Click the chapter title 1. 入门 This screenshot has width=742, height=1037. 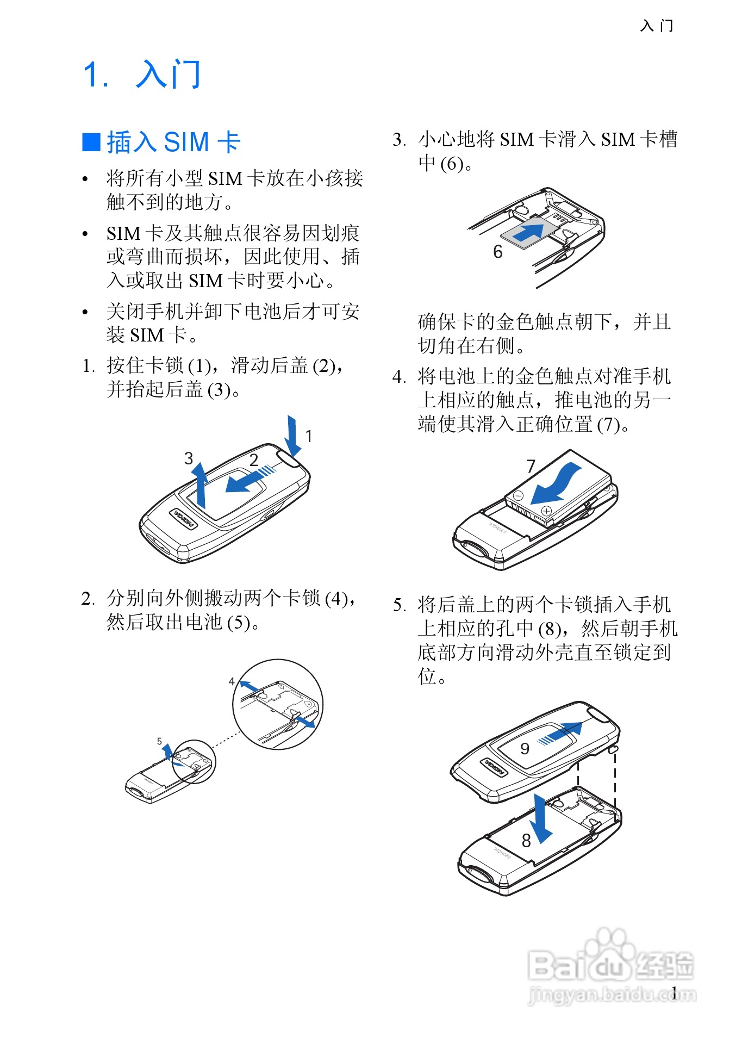tap(142, 74)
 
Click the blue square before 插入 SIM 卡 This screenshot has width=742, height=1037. tap(91, 142)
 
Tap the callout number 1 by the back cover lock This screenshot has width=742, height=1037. tap(308, 436)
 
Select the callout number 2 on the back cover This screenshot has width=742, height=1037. tap(253, 460)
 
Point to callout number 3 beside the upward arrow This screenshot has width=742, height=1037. tap(188, 458)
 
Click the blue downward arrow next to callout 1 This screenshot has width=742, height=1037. tap(292, 435)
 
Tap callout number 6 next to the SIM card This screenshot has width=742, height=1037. tap(497, 252)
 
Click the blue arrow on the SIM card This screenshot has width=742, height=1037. tap(528, 231)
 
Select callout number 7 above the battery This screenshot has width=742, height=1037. tap(531, 466)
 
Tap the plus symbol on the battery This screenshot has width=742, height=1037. tap(546, 511)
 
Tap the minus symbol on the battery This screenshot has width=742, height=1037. tap(518, 496)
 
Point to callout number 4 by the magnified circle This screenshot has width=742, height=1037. tap(232, 681)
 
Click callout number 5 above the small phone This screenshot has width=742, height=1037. tap(159, 741)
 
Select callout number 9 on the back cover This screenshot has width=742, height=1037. tap(525, 749)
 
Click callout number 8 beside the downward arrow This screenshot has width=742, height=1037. tap(526, 841)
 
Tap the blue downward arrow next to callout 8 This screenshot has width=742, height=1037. tap(540, 818)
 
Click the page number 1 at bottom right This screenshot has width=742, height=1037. tap(674, 993)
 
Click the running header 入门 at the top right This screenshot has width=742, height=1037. tap(657, 26)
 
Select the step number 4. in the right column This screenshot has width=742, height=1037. tap(399, 376)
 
